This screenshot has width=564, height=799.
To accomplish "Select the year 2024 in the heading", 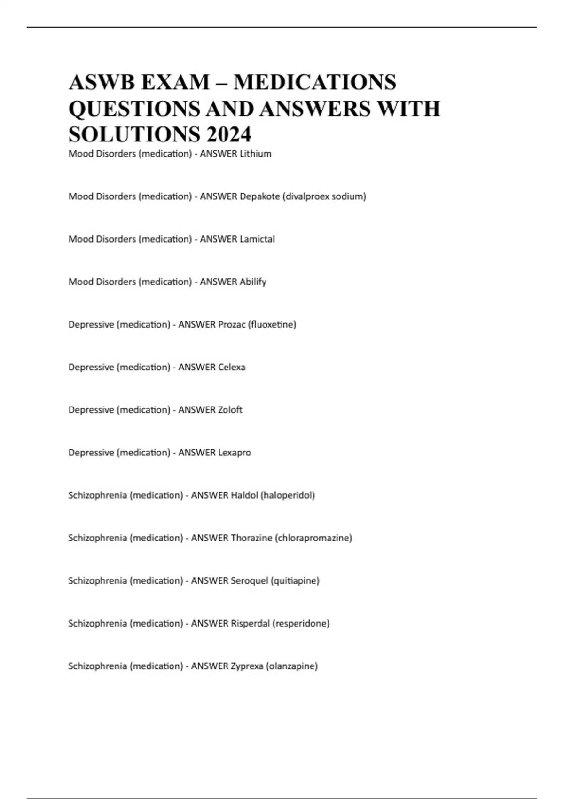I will click(228, 134).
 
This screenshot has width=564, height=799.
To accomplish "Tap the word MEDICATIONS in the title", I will click(315, 82).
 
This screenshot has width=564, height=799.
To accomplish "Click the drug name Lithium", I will click(256, 154).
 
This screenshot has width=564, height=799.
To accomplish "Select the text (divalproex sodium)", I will click(324, 196).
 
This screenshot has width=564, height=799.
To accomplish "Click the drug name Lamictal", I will click(258, 239).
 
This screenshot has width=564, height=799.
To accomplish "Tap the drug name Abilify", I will click(253, 282).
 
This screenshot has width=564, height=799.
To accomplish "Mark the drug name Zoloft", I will click(230, 410).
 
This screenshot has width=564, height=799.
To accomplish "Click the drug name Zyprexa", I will click(247, 666).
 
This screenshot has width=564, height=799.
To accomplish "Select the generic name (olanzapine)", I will click(292, 666).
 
